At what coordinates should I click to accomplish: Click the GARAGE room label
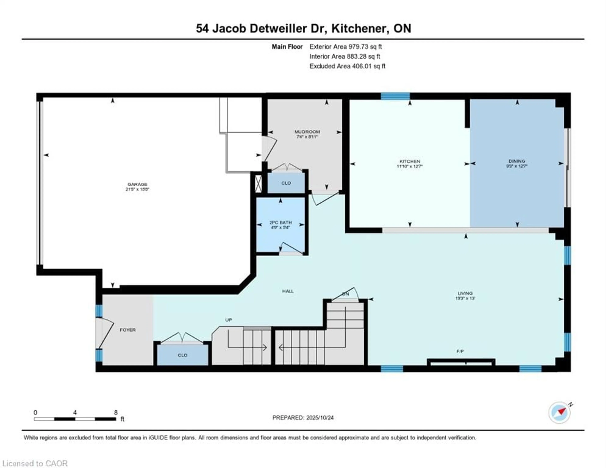tap(137, 184)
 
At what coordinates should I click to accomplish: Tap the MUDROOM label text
tap(307, 132)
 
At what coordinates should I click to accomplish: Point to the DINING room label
tap(517, 161)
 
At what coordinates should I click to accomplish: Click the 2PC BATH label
tap(281, 223)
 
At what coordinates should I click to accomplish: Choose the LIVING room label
tap(465, 293)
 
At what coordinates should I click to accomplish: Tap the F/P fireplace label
tap(460, 351)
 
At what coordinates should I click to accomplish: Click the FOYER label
tap(128, 330)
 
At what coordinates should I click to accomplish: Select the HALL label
tap(288, 291)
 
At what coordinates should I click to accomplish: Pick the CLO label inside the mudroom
tap(286, 183)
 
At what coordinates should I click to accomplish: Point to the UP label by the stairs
tap(228, 320)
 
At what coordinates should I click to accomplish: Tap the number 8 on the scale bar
tap(116, 412)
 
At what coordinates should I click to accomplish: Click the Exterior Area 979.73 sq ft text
tap(345, 47)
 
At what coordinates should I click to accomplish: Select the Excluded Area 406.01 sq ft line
tap(347, 66)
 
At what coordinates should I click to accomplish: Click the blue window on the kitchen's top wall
tap(395, 96)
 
